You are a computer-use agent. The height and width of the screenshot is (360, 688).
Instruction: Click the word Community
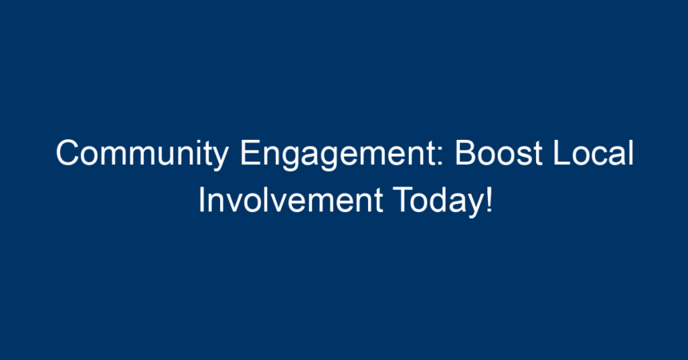click(142, 154)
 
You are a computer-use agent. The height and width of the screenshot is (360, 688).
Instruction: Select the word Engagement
click(342, 154)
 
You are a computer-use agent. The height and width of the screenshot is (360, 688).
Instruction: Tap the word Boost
click(499, 153)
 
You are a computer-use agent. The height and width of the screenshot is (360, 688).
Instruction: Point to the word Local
click(594, 153)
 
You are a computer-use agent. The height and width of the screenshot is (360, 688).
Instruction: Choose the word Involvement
click(291, 200)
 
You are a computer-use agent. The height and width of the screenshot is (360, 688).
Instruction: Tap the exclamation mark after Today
click(490, 200)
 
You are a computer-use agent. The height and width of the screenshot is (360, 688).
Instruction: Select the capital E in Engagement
click(250, 153)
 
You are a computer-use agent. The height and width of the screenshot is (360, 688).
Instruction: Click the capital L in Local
click(562, 153)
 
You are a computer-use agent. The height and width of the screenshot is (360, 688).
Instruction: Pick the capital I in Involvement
click(202, 200)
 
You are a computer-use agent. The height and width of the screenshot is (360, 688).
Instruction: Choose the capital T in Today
click(402, 200)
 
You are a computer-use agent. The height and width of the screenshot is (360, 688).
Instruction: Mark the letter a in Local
click(617, 157)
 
